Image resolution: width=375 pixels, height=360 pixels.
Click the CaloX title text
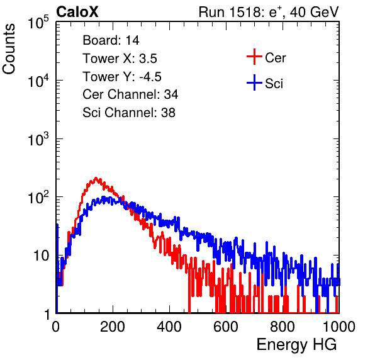[x=77, y=12]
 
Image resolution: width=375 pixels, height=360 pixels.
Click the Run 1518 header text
[x=269, y=12]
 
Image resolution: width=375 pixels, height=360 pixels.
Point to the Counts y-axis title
[x=9, y=49]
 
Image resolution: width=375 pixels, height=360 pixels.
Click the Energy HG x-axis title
[x=296, y=345]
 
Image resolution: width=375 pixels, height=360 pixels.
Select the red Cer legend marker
[x=254, y=57]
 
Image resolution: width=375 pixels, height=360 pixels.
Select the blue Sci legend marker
[x=254, y=83]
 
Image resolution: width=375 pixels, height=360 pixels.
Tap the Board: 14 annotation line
[x=111, y=40]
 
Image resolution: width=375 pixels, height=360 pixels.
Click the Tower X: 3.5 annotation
[x=120, y=59]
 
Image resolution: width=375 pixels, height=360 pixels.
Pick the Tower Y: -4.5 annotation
[x=122, y=77]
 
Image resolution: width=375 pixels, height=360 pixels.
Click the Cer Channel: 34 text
[x=130, y=94]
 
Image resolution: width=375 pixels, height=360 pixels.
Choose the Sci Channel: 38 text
[x=129, y=113]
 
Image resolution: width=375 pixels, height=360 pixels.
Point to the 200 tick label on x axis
[x=113, y=327]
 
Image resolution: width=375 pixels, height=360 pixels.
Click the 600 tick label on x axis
[x=226, y=327]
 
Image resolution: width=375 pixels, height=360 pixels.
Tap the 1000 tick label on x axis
[x=339, y=327]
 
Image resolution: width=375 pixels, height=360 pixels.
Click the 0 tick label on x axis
[x=56, y=327]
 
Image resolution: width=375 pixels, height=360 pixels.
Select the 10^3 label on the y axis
[x=38, y=139]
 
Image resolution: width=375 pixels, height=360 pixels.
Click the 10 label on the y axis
[x=41, y=256]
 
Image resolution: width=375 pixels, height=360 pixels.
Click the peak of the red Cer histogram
[x=96, y=177]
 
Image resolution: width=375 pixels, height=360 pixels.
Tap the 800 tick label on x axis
[x=283, y=327]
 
